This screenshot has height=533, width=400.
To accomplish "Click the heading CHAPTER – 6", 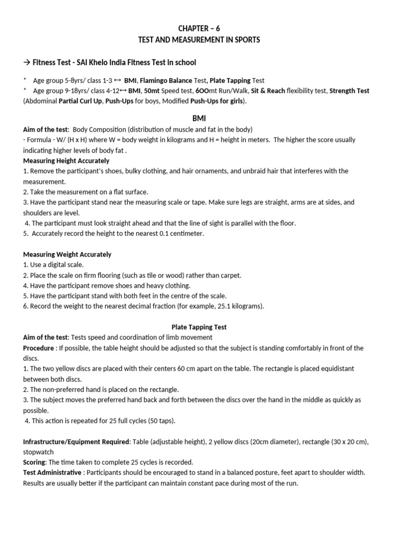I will coord(200,28).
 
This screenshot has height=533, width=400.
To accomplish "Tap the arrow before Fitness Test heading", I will coord(27,63).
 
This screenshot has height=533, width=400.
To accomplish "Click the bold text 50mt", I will coord(155,91).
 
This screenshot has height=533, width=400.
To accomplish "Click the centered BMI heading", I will coord(200,119).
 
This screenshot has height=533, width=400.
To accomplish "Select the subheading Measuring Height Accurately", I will coord(66,161).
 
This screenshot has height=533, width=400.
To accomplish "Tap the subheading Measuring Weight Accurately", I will coord(67,255).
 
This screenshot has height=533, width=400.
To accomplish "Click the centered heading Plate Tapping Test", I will coord(199,327).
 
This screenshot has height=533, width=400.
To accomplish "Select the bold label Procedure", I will coord(38,348).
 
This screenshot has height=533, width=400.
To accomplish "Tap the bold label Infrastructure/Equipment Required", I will coord(76,442).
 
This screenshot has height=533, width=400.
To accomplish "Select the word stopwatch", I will coord(38,452).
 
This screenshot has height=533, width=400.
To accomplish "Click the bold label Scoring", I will coord(34,462).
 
